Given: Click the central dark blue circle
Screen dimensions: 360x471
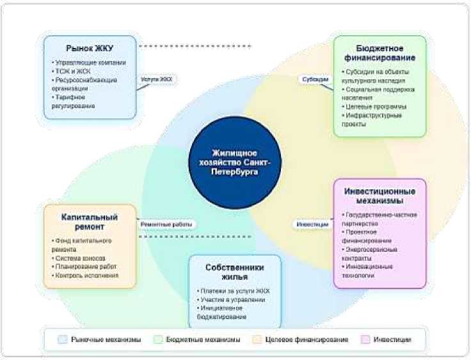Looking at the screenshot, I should coord(235,162).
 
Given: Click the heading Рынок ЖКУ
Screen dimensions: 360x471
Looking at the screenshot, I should coord(90,48).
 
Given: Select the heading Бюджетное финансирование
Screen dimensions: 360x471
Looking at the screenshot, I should coord(379,53).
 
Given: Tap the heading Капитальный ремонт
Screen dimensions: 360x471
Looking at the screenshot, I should coord(90,221).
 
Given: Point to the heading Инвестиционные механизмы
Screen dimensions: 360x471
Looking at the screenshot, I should coord(379,196).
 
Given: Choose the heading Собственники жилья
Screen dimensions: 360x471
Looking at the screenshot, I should coord(235,272).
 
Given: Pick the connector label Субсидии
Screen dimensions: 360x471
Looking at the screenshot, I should coord(315,79).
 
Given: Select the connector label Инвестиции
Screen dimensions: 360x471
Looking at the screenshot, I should coord(313,224).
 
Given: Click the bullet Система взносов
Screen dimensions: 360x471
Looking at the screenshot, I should coord(78,258).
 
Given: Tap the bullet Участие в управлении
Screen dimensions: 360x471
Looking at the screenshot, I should coord(232,299).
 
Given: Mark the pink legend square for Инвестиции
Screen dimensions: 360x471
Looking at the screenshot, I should coord(366,339).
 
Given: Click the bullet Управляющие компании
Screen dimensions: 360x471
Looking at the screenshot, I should coord(90,63).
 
